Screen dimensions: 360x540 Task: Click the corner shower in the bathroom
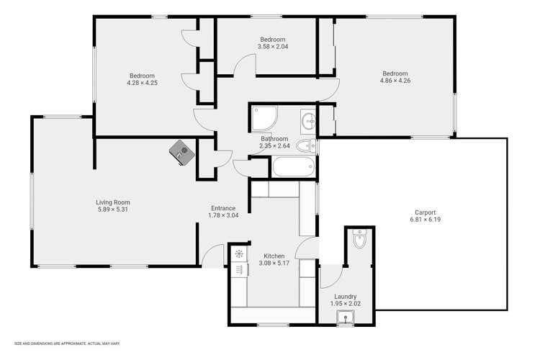click(261, 117)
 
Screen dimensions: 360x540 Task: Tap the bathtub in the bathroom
click(292, 167)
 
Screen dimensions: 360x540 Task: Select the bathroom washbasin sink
click(308, 120)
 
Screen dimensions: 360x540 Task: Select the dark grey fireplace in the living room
click(181, 152)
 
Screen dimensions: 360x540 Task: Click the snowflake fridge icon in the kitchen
click(239, 253)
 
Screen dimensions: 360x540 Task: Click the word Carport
click(425, 212)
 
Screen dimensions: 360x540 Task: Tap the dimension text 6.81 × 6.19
click(425, 220)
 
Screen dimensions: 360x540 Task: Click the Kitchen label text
click(274, 256)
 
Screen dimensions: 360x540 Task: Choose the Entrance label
click(223, 208)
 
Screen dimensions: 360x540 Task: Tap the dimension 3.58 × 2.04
click(272, 48)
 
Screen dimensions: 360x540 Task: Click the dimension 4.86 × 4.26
click(395, 81)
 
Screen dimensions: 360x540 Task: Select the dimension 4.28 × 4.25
click(142, 84)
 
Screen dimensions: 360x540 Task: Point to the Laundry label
click(346, 297)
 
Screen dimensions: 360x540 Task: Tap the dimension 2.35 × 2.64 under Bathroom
click(274, 146)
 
